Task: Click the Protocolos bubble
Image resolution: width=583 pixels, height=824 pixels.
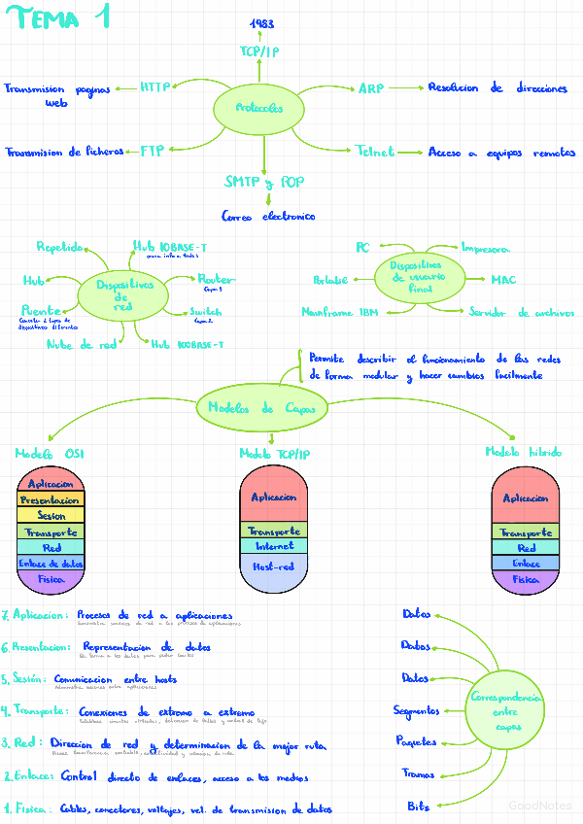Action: [259, 109]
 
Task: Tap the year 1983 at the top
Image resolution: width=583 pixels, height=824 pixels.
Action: [260, 23]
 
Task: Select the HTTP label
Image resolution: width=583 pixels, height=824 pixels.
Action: [154, 86]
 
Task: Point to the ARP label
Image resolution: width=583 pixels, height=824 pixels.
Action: [371, 88]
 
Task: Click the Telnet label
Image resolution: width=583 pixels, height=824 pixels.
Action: [375, 152]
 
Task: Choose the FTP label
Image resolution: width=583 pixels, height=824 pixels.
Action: [153, 151]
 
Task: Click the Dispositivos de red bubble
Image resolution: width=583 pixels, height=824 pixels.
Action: [124, 293]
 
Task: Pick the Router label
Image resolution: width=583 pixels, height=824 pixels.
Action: [216, 279]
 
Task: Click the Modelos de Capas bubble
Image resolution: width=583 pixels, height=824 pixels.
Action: [258, 409]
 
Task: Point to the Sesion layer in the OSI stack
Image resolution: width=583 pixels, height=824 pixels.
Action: [51, 516]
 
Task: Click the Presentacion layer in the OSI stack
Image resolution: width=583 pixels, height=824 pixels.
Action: [51, 499]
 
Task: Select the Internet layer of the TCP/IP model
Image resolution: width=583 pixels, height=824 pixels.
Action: [273, 546]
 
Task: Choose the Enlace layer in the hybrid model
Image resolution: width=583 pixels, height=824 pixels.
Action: [526, 563]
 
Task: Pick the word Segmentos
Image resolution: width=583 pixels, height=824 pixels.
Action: [416, 711]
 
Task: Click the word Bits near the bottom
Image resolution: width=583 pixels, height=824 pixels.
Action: [419, 806]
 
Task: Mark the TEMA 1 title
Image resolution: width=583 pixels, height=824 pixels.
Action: [63, 18]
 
